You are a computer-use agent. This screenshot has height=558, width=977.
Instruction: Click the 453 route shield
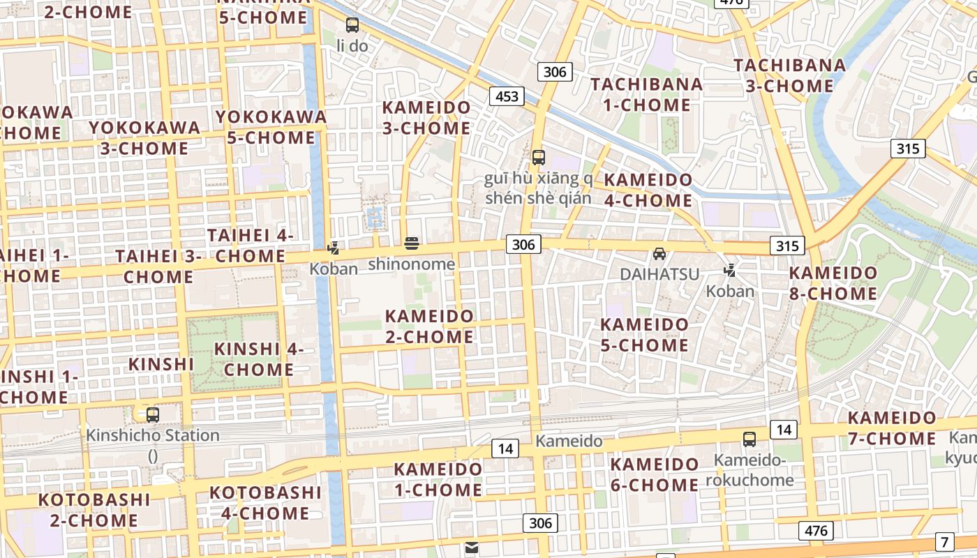507,96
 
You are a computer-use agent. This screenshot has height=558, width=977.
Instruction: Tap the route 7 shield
945,541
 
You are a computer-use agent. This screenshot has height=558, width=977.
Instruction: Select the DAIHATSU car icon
659,254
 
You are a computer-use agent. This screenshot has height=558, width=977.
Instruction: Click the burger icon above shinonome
412,243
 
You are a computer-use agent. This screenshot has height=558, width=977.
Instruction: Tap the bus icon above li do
352,25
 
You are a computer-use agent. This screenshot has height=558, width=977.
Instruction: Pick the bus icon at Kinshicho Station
152,415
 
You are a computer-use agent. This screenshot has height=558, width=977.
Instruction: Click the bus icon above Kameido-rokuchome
749,439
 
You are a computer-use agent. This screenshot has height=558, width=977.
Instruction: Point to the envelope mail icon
472,548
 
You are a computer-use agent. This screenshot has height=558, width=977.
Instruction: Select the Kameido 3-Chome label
426,118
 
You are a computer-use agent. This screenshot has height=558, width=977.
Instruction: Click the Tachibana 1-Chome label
646,94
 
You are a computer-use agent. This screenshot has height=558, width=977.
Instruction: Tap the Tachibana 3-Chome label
790,75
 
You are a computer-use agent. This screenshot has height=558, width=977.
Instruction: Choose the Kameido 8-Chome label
833,282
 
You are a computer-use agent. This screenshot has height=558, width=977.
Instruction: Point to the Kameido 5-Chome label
644,334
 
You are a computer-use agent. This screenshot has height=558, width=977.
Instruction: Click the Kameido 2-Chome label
429,326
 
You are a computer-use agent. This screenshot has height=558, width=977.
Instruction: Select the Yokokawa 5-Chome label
271,127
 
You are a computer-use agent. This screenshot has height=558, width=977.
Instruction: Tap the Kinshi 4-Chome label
258,359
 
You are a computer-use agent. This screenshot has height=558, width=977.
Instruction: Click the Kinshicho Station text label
152,436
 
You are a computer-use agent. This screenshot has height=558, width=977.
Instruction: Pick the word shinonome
411,264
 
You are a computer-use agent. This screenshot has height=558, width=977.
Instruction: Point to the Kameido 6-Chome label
654,474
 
